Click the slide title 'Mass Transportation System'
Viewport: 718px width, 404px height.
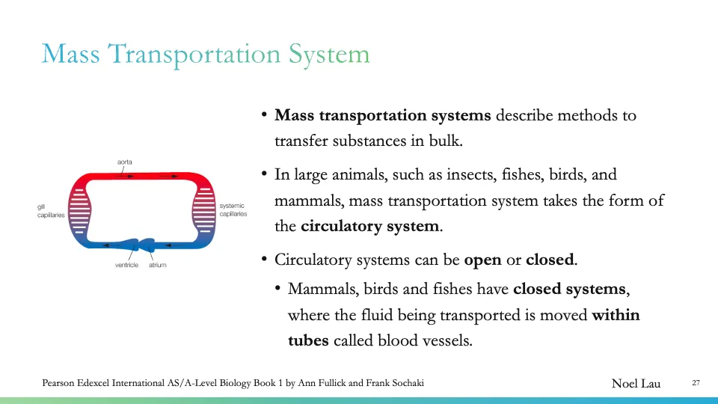(x=205, y=54)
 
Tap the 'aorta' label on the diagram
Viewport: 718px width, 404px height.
(x=125, y=162)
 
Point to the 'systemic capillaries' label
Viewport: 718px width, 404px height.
(x=233, y=210)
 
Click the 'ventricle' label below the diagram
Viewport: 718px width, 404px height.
(x=126, y=265)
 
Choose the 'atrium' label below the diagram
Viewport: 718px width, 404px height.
(x=157, y=265)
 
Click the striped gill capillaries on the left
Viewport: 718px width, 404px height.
(x=79, y=209)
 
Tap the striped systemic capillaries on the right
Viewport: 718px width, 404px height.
(x=204, y=209)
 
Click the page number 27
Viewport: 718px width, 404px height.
(x=696, y=383)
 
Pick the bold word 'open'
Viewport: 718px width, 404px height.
(x=482, y=260)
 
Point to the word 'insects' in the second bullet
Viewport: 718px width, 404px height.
(x=429, y=175)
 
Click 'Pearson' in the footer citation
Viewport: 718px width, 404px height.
(x=62, y=383)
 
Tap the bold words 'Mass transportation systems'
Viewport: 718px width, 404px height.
(x=383, y=115)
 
